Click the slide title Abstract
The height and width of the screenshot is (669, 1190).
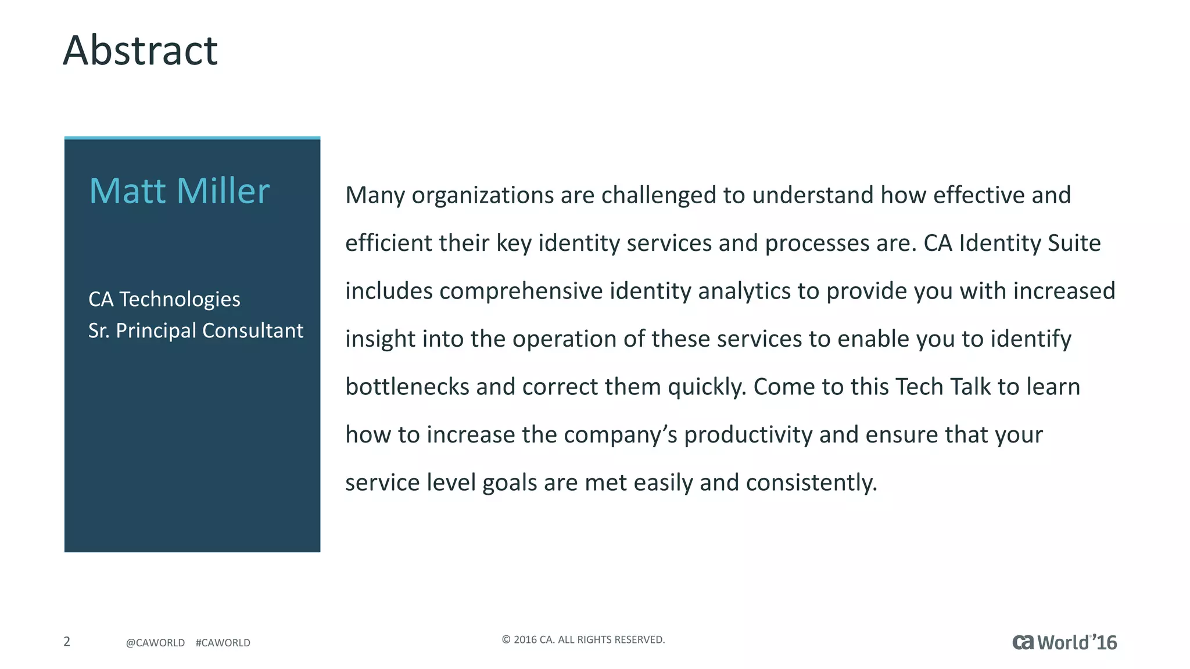[140, 51]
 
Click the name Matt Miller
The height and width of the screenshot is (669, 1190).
[179, 191]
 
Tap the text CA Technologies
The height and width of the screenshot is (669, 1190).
[164, 299]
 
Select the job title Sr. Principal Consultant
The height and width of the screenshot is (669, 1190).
[195, 330]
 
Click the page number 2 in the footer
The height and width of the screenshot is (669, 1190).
[67, 641]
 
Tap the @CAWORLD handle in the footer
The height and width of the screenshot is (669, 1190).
[155, 643]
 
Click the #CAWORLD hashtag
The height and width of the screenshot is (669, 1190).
[223, 643]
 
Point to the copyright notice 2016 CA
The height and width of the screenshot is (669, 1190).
[583, 639]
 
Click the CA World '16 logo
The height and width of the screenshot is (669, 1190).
[1064, 642]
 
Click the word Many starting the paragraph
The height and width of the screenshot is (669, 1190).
[375, 196]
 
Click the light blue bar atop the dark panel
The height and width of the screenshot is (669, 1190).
[192, 138]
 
